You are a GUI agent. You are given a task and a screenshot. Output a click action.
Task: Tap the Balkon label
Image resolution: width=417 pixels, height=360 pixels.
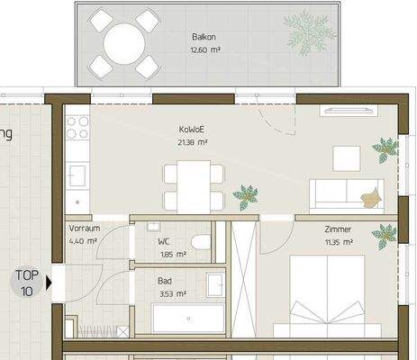pyautogui.click(x=203, y=37)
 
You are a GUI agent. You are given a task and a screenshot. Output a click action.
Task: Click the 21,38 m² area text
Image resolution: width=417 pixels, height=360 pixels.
pyautogui.click(x=192, y=142)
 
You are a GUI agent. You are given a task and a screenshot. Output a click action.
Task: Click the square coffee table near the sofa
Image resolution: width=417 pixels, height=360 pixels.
pyautogui.click(x=347, y=158)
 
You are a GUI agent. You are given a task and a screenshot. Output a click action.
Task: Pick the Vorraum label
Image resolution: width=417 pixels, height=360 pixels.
pyautogui.click(x=83, y=229)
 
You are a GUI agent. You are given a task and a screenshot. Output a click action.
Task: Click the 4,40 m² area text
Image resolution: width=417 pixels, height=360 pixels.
pyautogui.click(x=82, y=241)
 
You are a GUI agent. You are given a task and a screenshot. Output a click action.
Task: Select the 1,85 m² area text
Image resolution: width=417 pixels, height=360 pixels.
pyautogui.click(x=172, y=255)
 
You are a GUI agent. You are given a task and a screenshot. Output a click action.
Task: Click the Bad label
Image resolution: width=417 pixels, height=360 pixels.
pyautogui.click(x=166, y=280)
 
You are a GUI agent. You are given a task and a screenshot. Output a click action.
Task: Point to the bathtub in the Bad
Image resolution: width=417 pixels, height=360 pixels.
pyautogui.click(x=187, y=318)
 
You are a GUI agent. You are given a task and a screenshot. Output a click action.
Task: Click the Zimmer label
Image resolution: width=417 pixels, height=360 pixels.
pyautogui.click(x=338, y=229)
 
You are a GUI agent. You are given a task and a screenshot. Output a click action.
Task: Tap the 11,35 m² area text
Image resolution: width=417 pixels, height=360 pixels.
pyautogui.click(x=338, y=241)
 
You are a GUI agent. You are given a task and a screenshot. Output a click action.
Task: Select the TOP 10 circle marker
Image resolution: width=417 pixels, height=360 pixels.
pyautogui.click(x=26, y=283)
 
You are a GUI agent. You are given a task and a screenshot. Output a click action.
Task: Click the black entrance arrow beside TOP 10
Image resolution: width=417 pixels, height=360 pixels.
pyautogui.click(x=49, y=283)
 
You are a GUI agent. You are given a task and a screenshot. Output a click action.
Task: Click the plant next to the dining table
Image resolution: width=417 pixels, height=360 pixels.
pyautogui.click(x=243, y=193)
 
